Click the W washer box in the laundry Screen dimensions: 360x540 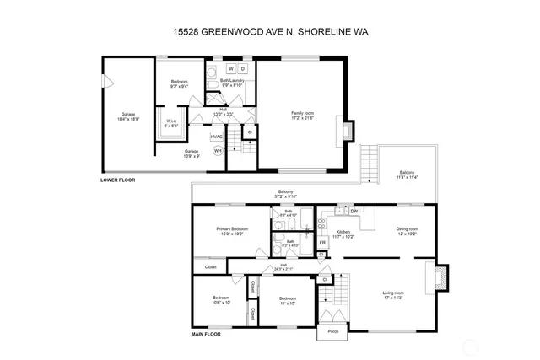(x=229, y=68)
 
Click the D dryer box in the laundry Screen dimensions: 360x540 (x=243, y=68)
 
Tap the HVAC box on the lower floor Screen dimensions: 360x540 (x=216, y=136)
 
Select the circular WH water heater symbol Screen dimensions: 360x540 (x=217, y=151)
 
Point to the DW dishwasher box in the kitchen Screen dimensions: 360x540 (x=354, y=211)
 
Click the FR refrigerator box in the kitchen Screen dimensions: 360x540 (x=322, y=243)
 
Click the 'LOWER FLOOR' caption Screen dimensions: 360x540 (x=117, y=180)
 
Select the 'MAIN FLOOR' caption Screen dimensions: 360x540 (x=206, y=334)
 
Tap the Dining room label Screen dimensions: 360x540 (x=408, y=228)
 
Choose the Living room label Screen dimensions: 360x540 (x=393, y=293)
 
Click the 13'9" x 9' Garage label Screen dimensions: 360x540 (x=192, y=152)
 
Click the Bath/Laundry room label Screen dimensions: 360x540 (x=232, y=83)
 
